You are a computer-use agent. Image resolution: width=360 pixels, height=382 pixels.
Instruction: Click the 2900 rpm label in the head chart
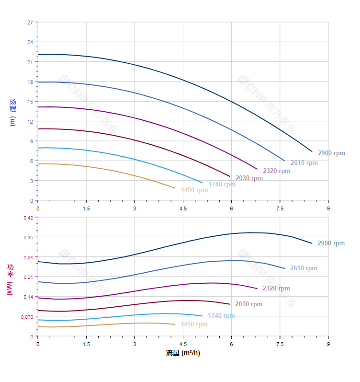click(x=331, y=153)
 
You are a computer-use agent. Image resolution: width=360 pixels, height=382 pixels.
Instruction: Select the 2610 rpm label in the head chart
click(x=304, y=163)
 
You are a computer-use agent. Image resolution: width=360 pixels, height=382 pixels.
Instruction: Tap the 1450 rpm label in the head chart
click(x=194, y=190)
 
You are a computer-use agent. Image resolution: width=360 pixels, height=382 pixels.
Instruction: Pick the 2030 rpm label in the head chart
click(x=249, y=178)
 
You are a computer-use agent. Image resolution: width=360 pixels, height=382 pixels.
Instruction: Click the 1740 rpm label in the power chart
click(x=221, y=316)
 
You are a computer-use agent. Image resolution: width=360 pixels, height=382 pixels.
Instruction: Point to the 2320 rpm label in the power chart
click(x=276, y=289)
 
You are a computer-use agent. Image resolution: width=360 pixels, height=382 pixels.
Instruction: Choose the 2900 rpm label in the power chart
click(x=331, y=243)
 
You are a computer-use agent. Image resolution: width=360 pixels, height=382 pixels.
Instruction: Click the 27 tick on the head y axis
click(x=30, y=23)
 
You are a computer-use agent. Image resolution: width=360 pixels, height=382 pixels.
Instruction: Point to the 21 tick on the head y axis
click(x=30, y=62)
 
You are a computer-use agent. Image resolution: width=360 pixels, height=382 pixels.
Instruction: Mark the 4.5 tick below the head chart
click(x=183, y=208)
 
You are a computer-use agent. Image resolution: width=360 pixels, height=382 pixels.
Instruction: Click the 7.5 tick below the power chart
click(x=280, y=344)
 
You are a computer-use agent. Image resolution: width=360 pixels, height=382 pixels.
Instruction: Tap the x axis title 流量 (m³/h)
click(x=183, y=353)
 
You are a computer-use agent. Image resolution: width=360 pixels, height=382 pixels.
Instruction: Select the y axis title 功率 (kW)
click(x=10, y=279)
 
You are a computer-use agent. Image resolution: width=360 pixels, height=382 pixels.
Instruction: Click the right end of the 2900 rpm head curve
click(x=312, y=151)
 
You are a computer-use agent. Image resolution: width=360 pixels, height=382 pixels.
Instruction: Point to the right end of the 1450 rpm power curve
click(x=175, y=324)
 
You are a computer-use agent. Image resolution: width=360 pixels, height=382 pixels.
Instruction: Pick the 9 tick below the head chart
click(x=328, y=208)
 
